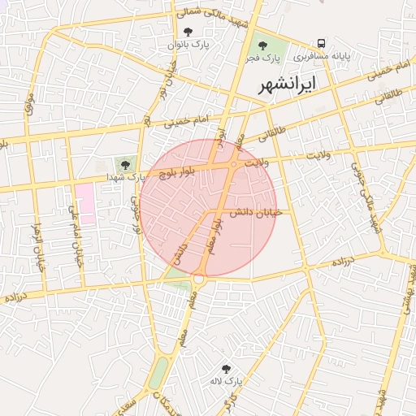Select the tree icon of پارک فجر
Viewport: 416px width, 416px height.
click(262, 45)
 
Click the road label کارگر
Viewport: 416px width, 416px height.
click(234, 401)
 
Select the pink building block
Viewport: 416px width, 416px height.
click(85, 200)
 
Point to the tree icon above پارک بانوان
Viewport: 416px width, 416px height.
click(189, 32)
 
